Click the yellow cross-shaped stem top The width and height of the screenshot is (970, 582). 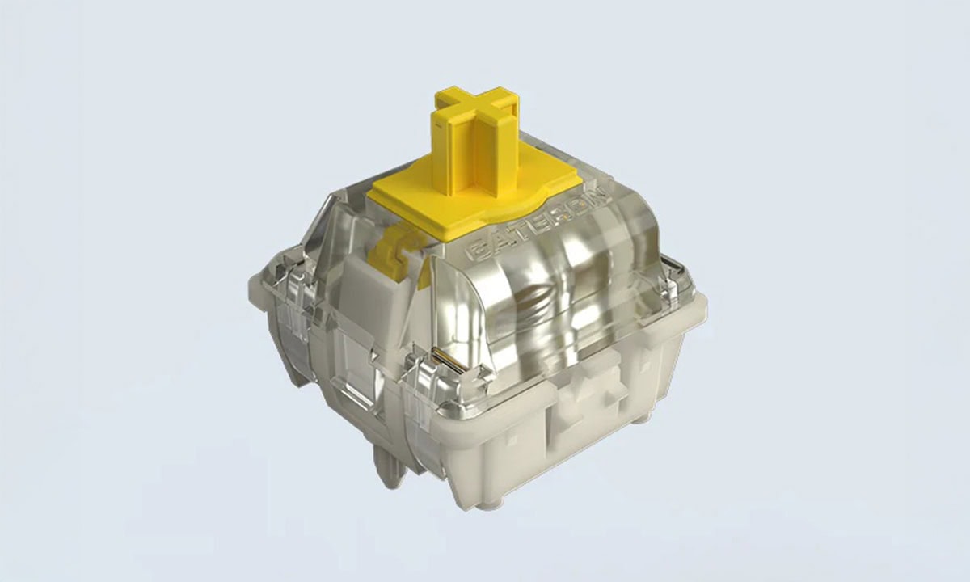(x=472, y=112)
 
